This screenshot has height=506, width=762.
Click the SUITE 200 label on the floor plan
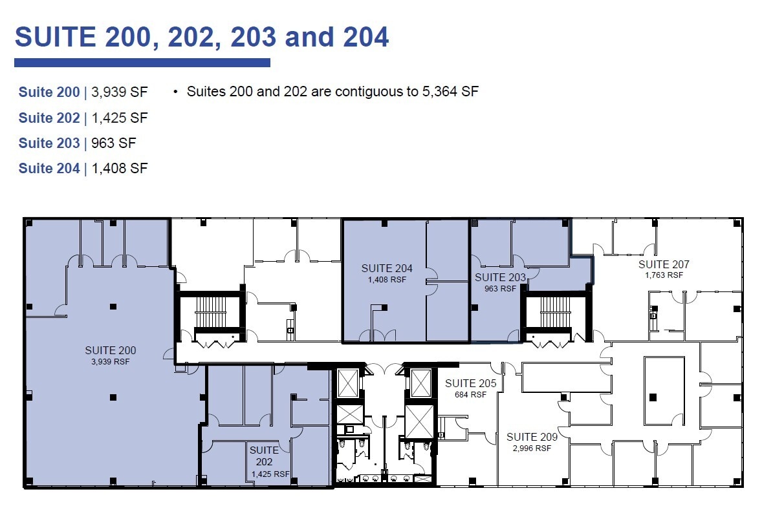[111, 351]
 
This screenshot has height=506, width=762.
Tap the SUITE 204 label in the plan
[387, 268]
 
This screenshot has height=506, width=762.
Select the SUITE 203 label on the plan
[500, 277]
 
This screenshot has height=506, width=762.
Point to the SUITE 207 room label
[664, 264]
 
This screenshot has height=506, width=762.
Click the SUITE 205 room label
[470, 384]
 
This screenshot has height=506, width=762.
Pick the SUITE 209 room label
[532, 437]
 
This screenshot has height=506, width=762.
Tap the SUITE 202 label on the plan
[264, 456]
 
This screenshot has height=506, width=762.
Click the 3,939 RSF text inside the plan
[111, 362]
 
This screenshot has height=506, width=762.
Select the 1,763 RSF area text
[664, 275]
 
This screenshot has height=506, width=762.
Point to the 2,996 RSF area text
[532, 448]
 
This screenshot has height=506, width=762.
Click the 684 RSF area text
[470, 394]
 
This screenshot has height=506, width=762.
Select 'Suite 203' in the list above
[49, 143]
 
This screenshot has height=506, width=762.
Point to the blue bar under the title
[142, 63]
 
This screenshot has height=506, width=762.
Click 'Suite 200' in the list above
[49, 92]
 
